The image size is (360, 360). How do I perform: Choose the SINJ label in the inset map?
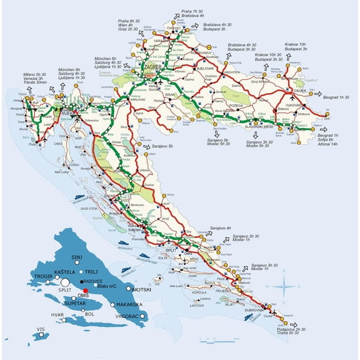[x=77, y=257]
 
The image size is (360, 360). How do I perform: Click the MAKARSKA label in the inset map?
[x=129, y=304]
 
